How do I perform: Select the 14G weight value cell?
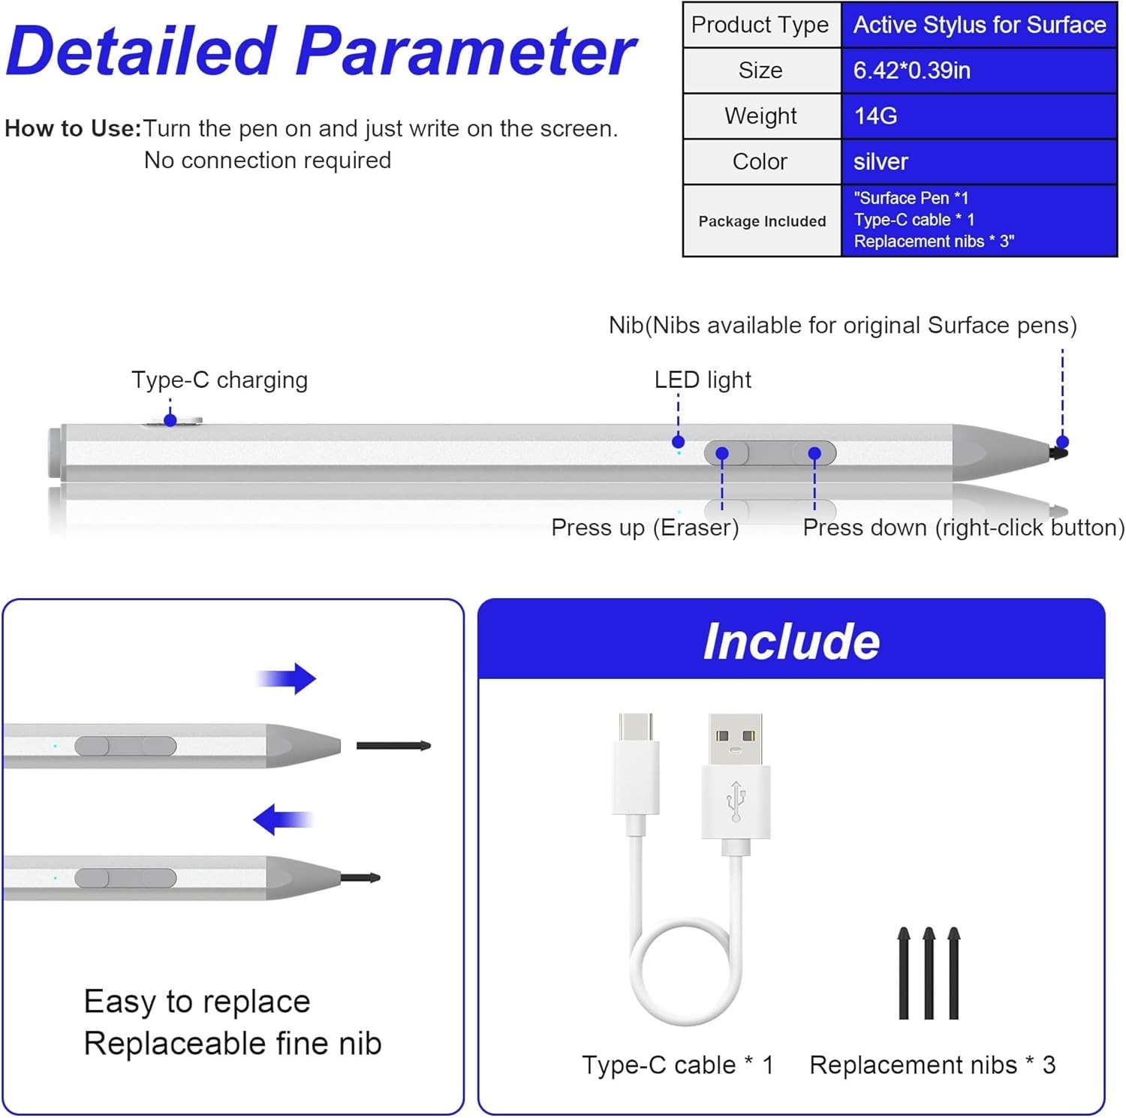[x=979, y=116]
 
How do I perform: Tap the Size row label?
[x=760, y=71]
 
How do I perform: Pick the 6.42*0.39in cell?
[x=979, y=71]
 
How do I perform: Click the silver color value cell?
[x=979, y=161]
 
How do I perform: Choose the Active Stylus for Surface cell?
[x=979, y=25]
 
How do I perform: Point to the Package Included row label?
[x=762, y=221]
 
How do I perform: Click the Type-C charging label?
[x=219, y=380]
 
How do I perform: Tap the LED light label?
[x=703, y=380]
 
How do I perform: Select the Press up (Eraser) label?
[x=645, y=527]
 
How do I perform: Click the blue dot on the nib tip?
[x=1062, y=442]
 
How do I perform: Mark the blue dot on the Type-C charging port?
[x=170, y=420]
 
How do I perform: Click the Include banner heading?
[x=791, y=642]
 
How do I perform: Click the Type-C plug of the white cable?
[x=636, y=765]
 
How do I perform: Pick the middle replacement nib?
[x=929, y=974]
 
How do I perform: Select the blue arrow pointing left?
[x=283, y=819]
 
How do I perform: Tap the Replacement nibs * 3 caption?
[x=932, y=1065]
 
